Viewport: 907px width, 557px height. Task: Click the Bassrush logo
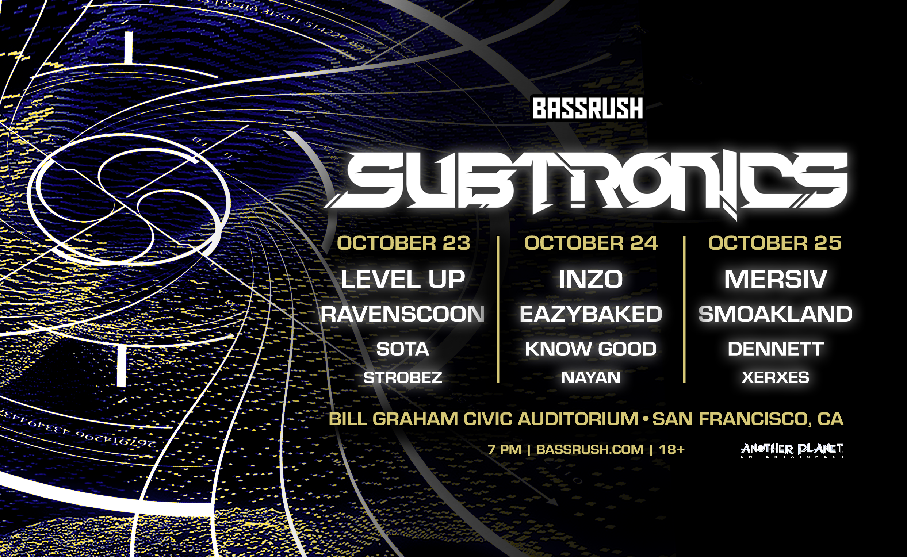coord(588,108)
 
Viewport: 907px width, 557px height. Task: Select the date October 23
coord(403,243)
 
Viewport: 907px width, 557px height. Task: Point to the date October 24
coord(591,243)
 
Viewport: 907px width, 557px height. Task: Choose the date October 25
coord(775,243)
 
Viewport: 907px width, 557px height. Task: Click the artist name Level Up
coord(403,279)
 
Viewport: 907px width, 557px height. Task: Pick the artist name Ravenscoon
coord(402,314)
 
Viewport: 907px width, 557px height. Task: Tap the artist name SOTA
coord(403,349)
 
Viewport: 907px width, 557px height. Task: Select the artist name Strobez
coord(403,377)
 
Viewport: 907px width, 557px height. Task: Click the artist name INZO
coord(591,279)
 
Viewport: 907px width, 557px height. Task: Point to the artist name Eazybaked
coord(591,314)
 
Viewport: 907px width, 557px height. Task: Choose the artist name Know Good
coord(591,349)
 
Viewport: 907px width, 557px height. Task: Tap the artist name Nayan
coord(591,377)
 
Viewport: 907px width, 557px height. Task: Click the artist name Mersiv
coord(776,279)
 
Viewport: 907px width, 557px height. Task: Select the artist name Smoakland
coord(776,314)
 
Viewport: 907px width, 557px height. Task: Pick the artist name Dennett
coord(776,349)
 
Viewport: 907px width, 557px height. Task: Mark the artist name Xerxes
coord(776,377)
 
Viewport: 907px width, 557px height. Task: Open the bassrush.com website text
coord(590,449)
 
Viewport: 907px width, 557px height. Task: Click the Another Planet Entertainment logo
coord(792,450)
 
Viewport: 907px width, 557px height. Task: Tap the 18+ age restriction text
coord(671,449)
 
